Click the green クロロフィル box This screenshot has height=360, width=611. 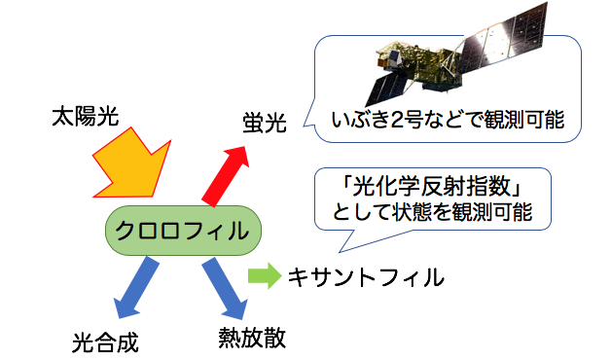[x=184, y=231]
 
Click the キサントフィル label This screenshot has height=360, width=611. [x=366, y=278]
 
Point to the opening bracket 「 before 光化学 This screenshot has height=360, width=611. [x=341, y=185]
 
